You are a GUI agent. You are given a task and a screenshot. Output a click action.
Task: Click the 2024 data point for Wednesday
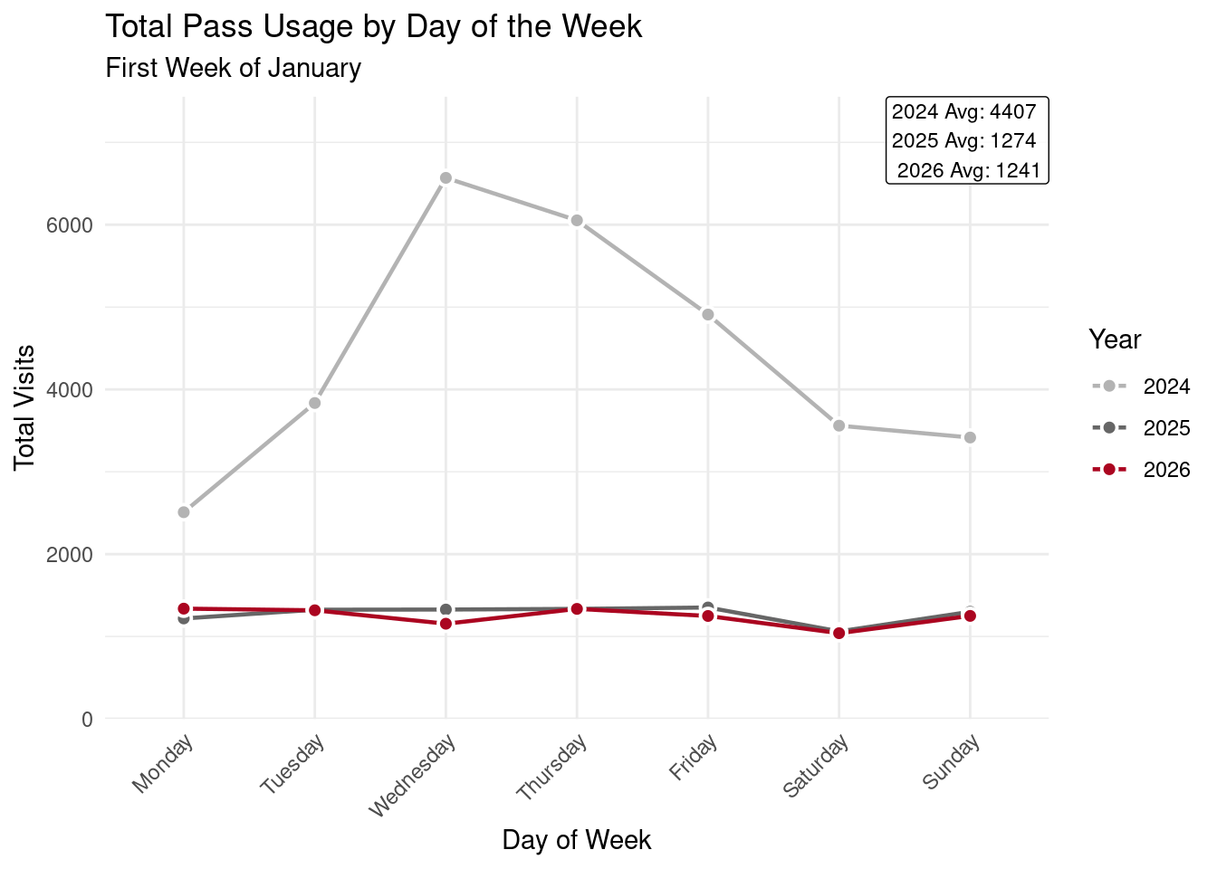coord(446,178)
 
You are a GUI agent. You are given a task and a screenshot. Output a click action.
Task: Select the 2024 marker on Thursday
coord(577,221)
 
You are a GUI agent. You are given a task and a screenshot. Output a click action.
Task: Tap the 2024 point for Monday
coord(184,512)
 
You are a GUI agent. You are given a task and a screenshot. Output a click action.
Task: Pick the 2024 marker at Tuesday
coord(314,403)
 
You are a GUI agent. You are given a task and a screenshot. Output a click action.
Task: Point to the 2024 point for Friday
coord(708,315)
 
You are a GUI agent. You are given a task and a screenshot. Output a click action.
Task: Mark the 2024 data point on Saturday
coord(839,425)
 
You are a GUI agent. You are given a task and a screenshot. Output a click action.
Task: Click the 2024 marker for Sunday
coord(970,438)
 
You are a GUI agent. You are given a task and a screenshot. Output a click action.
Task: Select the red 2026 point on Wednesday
coord(446,624)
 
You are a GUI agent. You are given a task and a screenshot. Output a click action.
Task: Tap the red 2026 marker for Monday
coord(184,609)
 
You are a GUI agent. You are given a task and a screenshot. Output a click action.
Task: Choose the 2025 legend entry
coord(1141,428)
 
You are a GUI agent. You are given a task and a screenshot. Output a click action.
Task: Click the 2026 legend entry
coord(1141,470)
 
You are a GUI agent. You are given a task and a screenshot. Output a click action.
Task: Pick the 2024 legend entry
coord(1141,387)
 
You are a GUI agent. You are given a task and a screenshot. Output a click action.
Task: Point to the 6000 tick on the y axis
coord(70,224)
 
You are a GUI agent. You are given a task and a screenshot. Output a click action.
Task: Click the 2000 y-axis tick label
coord(70,554)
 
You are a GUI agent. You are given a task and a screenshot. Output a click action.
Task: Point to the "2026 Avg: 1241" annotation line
coord(968,170)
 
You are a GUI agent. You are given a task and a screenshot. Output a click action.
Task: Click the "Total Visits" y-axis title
coord(25,407)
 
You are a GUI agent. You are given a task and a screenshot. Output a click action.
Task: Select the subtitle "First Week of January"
coord(234,68)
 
